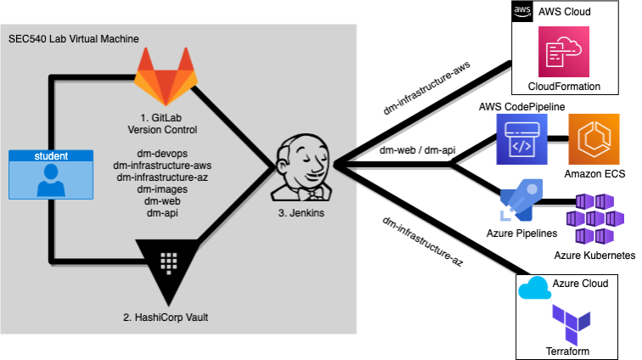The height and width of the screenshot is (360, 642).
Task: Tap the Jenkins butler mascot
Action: point(301,167)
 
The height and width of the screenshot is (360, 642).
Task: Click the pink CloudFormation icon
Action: point(564,52)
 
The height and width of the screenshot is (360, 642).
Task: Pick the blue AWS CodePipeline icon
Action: point(521,139)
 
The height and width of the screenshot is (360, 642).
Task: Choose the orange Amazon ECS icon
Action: point(594,139)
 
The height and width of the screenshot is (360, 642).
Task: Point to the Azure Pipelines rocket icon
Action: point(521,200)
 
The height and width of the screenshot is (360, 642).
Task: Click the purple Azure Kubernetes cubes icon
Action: point(595,219)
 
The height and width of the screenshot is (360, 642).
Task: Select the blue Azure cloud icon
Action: point(534,288)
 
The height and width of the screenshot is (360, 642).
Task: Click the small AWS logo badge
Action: point(522,12)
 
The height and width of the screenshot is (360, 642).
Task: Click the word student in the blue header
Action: point(51,156)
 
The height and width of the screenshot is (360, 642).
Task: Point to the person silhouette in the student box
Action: point(51,180)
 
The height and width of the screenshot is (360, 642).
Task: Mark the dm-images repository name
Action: point(162,189)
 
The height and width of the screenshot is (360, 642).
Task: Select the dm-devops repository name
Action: point(162,154)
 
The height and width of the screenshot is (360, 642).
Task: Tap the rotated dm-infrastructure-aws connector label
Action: point(426,88)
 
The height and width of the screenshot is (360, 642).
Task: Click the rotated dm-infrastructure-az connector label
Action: point(423,242)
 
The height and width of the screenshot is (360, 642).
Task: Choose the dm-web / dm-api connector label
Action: point(417,150)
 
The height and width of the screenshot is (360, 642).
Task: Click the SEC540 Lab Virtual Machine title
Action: point(74,39)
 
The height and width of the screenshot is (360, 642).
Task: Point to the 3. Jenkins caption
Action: point(301,213)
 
